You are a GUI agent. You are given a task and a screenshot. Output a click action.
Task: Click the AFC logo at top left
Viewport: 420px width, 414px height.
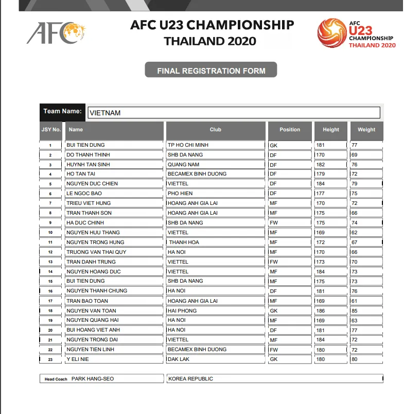pos(56,33)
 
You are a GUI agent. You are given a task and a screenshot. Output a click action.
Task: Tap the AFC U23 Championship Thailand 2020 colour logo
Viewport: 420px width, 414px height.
pos(356,33)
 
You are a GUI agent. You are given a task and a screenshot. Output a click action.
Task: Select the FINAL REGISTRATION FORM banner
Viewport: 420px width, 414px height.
pos(211,71)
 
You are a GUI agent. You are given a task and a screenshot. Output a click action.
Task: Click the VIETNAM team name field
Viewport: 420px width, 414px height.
pos(234,112)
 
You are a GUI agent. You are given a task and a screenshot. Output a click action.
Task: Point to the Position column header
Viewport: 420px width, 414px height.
pos(290,130)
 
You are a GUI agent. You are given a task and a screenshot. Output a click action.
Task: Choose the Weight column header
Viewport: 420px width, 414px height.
pos(366,130)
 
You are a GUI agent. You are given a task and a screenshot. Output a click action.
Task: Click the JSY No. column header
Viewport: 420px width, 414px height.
pos(51,130)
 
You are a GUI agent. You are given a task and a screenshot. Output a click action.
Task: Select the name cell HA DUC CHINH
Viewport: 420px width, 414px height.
pos(85,223)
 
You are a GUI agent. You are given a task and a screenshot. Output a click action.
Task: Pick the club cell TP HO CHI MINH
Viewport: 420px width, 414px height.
pos(188,145)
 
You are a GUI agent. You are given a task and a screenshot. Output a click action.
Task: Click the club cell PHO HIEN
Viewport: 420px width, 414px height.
pos(180,194)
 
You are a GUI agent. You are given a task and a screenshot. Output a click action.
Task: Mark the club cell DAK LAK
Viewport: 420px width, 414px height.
pos(179,359)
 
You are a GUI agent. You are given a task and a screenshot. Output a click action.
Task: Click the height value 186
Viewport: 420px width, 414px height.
pos(321,310)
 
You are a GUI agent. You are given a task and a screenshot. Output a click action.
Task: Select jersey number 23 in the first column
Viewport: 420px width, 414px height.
pos(50,359)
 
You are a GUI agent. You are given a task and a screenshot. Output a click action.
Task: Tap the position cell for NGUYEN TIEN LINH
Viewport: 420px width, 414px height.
pos(274,350)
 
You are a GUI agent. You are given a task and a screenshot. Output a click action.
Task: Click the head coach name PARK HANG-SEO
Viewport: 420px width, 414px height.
pos(93,379)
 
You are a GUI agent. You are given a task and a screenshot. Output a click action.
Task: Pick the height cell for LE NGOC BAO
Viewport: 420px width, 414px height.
pos(321,194)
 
